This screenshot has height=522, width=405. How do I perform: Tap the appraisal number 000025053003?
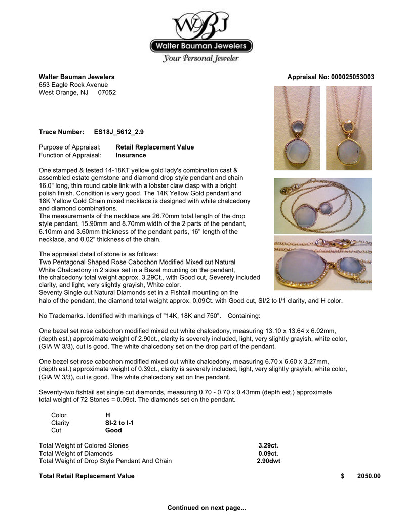[x=352, y=77]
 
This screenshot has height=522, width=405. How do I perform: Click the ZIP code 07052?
[x=107, y=93]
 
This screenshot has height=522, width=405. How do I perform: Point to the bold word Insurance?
[x=131, y=155]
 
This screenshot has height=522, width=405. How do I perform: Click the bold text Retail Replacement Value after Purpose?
[x=155, y=147]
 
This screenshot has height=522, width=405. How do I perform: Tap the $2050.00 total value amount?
[x=368, y=476]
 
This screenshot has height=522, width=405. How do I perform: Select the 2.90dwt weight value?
[x=268, y=461]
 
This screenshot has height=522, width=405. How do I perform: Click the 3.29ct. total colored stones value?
[x=268, y=445]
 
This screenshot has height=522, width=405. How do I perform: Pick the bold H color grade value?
[x=107, y=415]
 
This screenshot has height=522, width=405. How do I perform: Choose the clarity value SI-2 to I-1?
[x=119, y=423]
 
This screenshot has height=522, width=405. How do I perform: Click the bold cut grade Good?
[x=113, y=430]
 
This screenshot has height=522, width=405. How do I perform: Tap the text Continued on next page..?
[x=207, y=507]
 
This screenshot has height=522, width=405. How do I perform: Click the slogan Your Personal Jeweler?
[x=201, y=59]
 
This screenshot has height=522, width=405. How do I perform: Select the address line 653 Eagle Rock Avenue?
[x=73, y=85]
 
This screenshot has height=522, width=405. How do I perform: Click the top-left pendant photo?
[x=297, y=128]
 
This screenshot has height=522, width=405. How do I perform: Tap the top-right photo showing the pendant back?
[x=349, y=128]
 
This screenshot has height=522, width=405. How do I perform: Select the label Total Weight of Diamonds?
[x=76, y=453]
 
